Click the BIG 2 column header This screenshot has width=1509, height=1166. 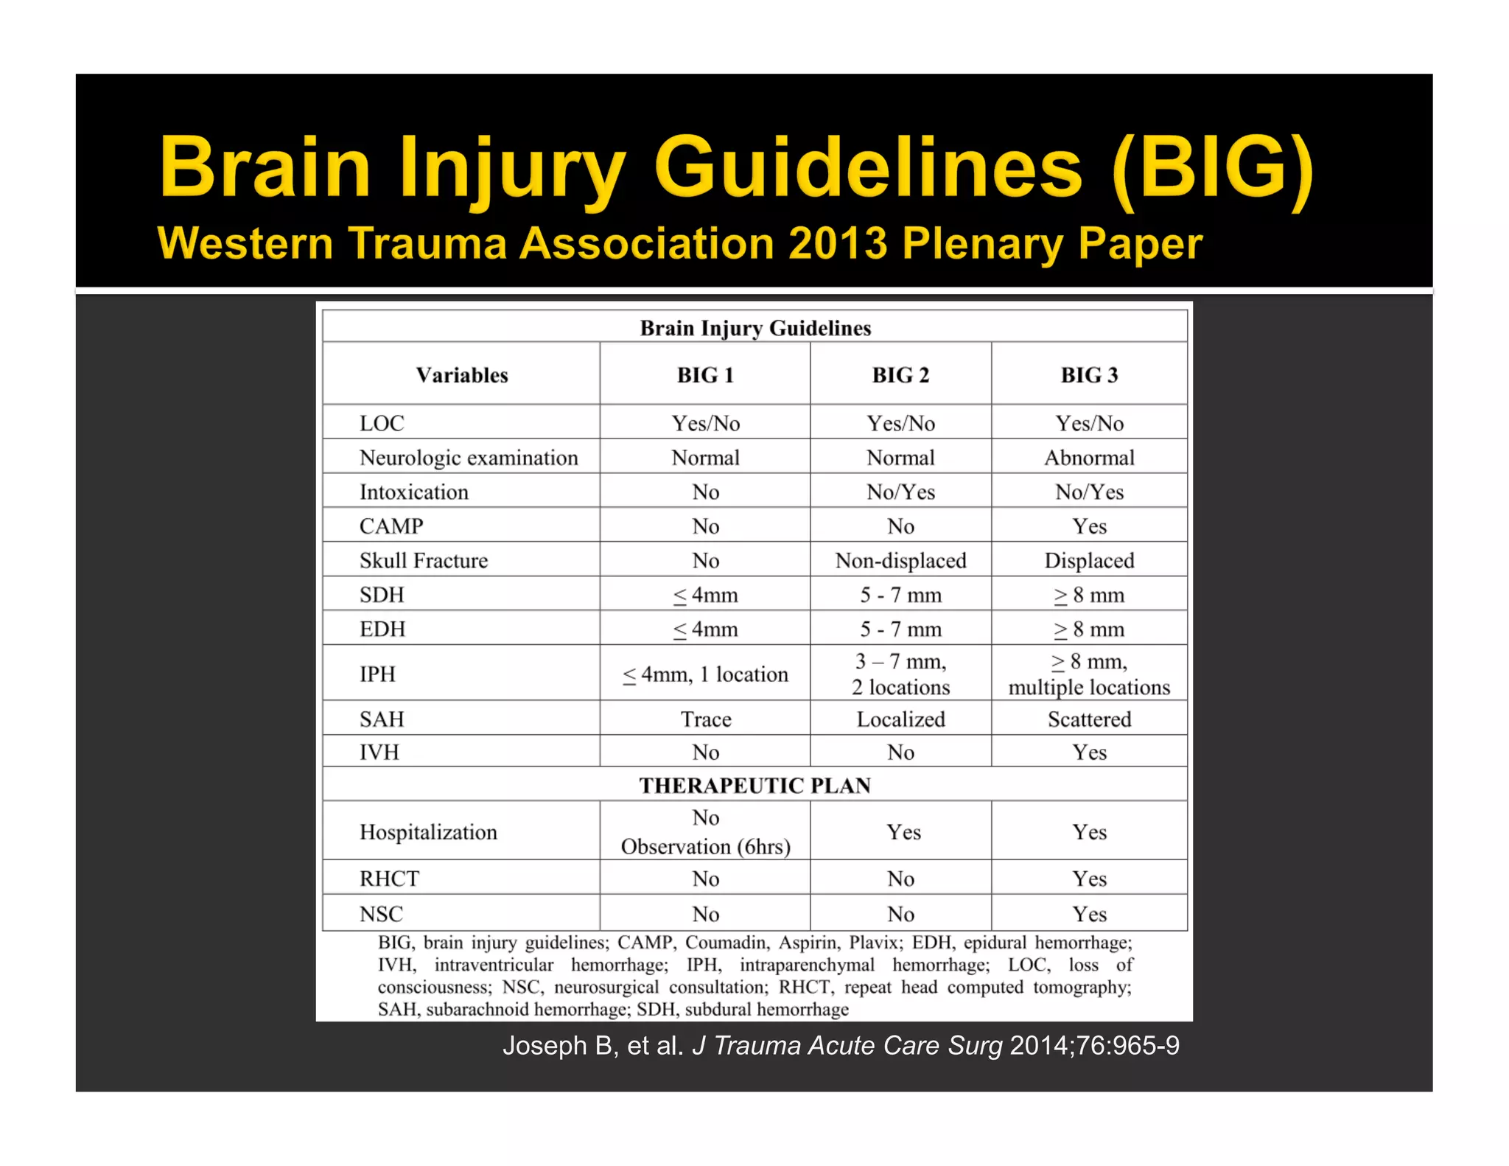[900, 375]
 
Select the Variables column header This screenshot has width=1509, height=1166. [462, 375]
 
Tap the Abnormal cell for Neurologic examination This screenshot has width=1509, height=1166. [1089, 458]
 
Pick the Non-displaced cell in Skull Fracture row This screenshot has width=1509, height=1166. [900, 561]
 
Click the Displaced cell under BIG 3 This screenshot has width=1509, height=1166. [1089, 561]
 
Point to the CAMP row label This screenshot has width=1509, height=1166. [391, 526]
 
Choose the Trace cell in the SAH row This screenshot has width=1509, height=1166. [706, 719]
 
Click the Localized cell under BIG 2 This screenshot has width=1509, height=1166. [900, 719]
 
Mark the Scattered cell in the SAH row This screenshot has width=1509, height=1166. [1089, 719]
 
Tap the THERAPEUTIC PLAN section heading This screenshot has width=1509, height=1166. [754, 786]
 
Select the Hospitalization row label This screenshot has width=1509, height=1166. [428, 832]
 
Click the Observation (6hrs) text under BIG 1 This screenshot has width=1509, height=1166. [706, 847]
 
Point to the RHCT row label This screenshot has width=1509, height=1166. [389, 879]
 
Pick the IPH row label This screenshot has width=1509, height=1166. [377, 674]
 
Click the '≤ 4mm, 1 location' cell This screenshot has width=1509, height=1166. [706, 674]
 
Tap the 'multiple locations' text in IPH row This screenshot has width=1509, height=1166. [1089, 688]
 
